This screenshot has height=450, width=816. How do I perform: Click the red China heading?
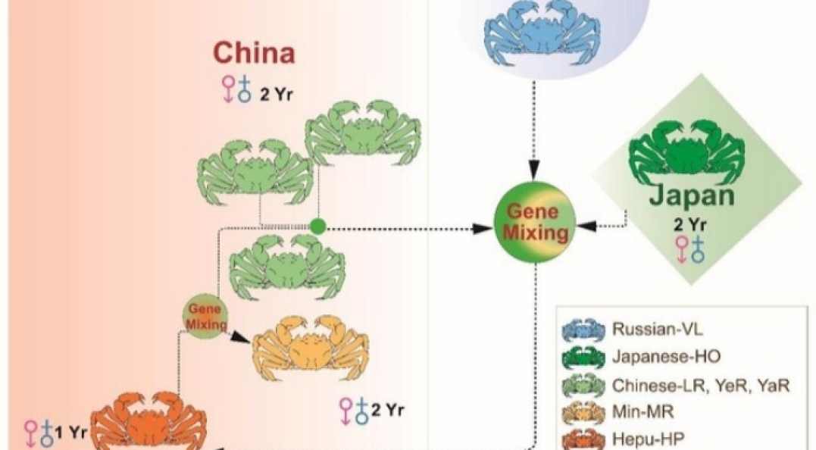tap(254, 53)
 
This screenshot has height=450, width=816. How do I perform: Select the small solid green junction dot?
tap(317, 225)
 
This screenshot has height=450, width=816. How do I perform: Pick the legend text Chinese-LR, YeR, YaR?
tap(700, 386)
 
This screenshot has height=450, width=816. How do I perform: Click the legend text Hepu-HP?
tap(644, 439)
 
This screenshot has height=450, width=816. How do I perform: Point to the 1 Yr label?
tap(70, 433)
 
